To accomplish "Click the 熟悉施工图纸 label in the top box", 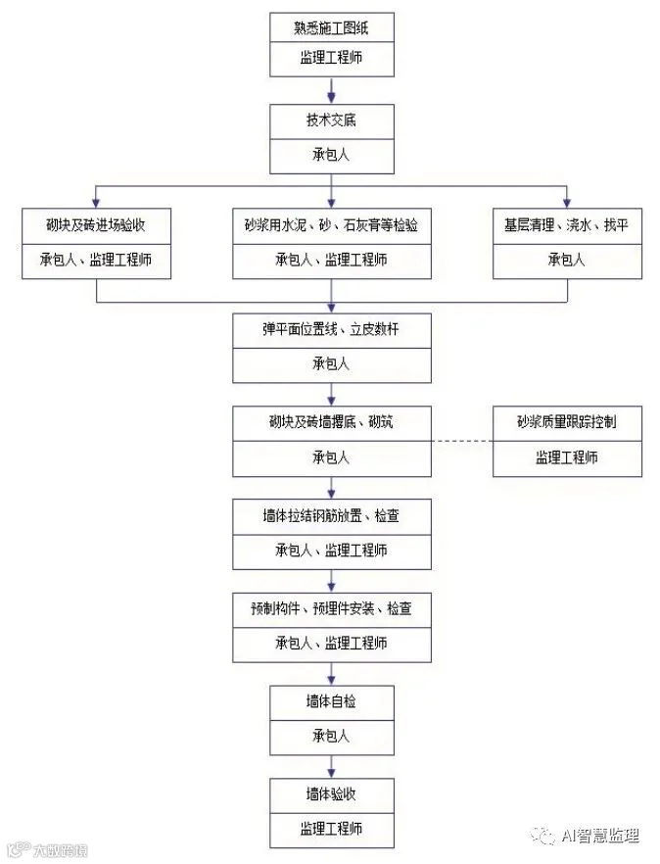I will tap(331, 28).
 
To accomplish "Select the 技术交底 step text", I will tap(331, 121).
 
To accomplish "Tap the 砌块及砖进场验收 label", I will tap(96, 225).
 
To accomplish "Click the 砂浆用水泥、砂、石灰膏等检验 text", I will tap(331, 225).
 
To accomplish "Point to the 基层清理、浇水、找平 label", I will tap(567, 225).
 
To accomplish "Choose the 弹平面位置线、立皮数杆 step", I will tap(331, 329).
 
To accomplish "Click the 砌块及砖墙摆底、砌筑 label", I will tap(331, 423).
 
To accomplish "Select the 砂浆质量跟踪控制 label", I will tap(567, 423).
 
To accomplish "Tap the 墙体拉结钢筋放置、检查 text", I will tap(331, 516).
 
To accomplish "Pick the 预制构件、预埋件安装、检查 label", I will tap(331, 608).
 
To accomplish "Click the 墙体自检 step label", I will tap(331, 701).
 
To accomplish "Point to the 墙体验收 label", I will tap(331, 794).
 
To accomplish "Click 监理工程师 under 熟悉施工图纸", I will tap(331, 59).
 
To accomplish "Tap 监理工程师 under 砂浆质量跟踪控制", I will tap(567, 457).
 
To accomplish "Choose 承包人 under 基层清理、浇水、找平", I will tap(567, 260).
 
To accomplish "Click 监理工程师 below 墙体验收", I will tap(331, 829).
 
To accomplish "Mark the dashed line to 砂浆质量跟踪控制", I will tap(461, 442).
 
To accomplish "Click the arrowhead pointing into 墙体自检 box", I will tap(331, 680).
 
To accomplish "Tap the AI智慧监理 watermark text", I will tap(599, 836).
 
